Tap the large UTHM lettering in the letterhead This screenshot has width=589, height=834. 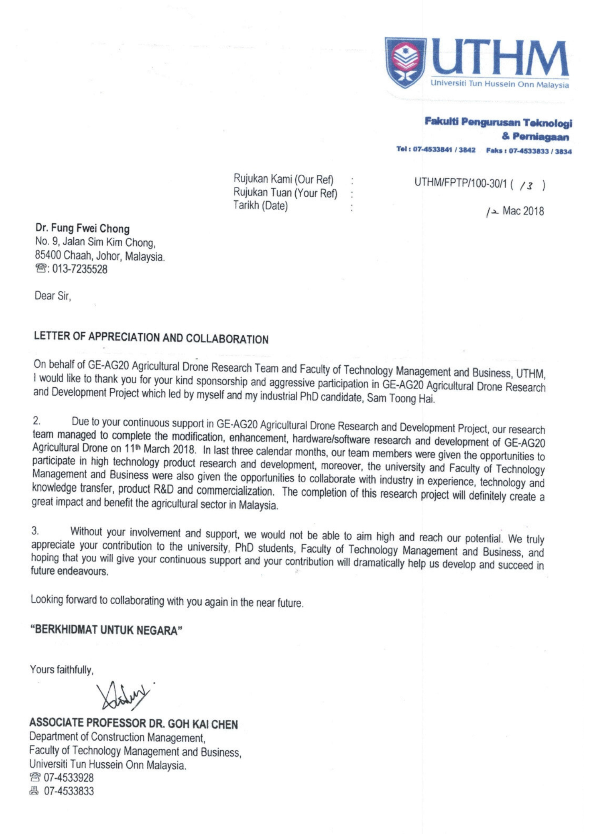tap(499, 58)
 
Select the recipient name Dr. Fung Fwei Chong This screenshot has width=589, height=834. tap(82, 228)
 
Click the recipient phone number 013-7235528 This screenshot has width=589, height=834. tap(80, 269)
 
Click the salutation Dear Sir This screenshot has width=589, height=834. tap(53, 296)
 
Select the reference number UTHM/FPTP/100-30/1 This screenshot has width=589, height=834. tap(460, 183)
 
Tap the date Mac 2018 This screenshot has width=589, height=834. tap(523, 211)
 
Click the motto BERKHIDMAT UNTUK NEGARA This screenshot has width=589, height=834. tap(106, 630)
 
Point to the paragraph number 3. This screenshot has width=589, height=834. tap(35, 531)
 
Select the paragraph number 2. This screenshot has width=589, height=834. tap(37, 420)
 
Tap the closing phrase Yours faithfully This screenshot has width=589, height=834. tap(62, 669)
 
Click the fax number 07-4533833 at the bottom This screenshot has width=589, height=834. tap(69, 791)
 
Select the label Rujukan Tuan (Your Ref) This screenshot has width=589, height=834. tap(285, 193)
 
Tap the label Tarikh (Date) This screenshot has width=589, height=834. tap(260, 206)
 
